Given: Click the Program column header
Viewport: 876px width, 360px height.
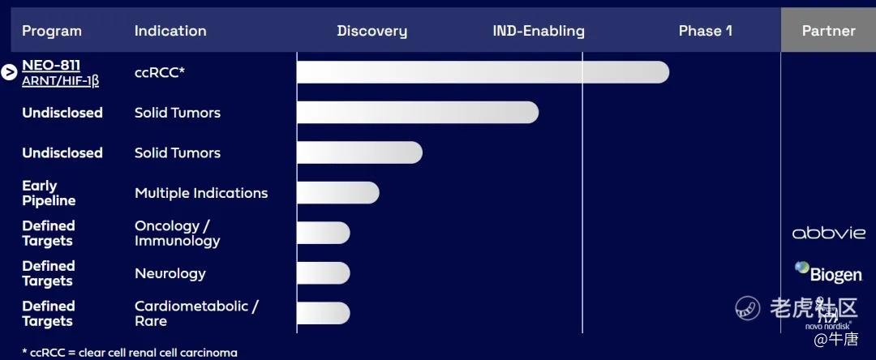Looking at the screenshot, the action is pyautogui.click(x=51, y=31).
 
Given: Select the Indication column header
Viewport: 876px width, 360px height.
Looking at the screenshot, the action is pyautogui.click(x=170, y=31).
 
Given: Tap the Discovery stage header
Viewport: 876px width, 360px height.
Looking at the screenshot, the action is pyautogui.click(x=372, y=32).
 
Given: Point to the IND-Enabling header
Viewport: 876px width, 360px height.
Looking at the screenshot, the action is pyautogui.click(x=539, y=32).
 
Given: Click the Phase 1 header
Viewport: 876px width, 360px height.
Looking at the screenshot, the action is pyautogui.click(x=705, y=31).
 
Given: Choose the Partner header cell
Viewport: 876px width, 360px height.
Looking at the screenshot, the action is pyautogui.click(x=828, y=31).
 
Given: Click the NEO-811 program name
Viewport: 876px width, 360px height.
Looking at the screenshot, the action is pyautogui.click(x=51, y=66).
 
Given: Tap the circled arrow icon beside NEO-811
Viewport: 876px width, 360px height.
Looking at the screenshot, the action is pyautogui.click(x=9, y=72).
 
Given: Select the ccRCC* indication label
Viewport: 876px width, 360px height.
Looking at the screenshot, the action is pyautogui.click(x=159, y=72).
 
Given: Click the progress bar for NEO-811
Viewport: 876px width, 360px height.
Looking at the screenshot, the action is pyautogui.click(x=483, y=72).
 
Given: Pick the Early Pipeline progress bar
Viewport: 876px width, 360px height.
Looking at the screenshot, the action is pyautogui.click(x=338, y=192).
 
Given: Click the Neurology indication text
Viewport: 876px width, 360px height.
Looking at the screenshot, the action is pyautogui.click(x=170, y=273).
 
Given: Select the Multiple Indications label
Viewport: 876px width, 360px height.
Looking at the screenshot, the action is pyautogui.click(x=201, y=193).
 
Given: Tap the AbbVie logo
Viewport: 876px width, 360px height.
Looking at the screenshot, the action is pyautogui.click(x=828, y=233).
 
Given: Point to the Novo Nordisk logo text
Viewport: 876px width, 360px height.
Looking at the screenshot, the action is pyautogui.click(x=828, y=325).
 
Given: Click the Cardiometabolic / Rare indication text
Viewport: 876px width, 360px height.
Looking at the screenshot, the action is pyautogui.click(x=196, y=314).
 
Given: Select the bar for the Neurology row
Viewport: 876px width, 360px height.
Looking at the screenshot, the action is pyautogui.click(x=324, y=273).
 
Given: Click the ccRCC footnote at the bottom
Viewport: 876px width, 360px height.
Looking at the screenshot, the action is pyautogui.click(x=130, y=353).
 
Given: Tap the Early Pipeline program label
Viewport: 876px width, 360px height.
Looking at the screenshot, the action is pyautogui.click(x=49, y=193).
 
